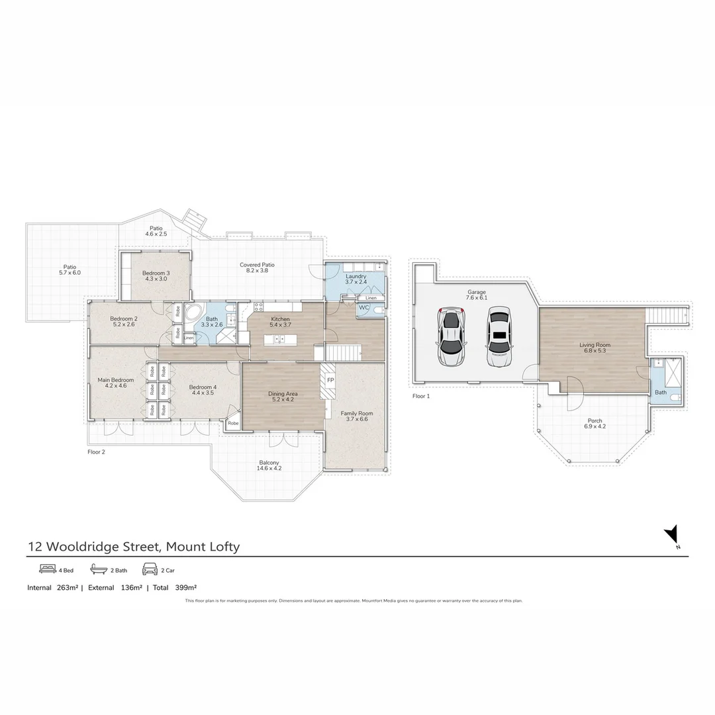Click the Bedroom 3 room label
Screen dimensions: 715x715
[x=157, y=273]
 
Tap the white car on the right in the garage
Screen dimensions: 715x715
[x=499, y=336]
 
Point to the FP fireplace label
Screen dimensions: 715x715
[x=330, y=381]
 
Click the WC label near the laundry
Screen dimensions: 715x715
[x=363, y=308]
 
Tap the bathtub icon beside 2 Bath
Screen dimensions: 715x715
[x=99, y=569]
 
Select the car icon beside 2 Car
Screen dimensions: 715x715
[x=149, y=569]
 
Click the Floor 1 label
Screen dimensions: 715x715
[x=421, y=396]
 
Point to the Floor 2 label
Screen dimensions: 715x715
[x=96, y=452]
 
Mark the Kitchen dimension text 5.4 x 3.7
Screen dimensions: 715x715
[x=280, y=325]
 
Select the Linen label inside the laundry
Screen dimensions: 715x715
[x=371, y=298]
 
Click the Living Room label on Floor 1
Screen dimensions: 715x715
[x=595, y=344]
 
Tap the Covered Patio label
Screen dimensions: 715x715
[x=257, y=265]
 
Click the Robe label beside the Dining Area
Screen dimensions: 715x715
[x=233, y=423]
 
